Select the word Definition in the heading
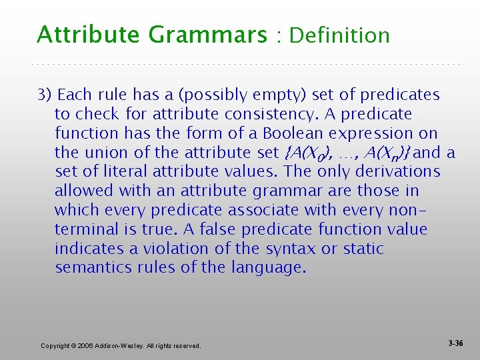339,35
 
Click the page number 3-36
456,343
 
